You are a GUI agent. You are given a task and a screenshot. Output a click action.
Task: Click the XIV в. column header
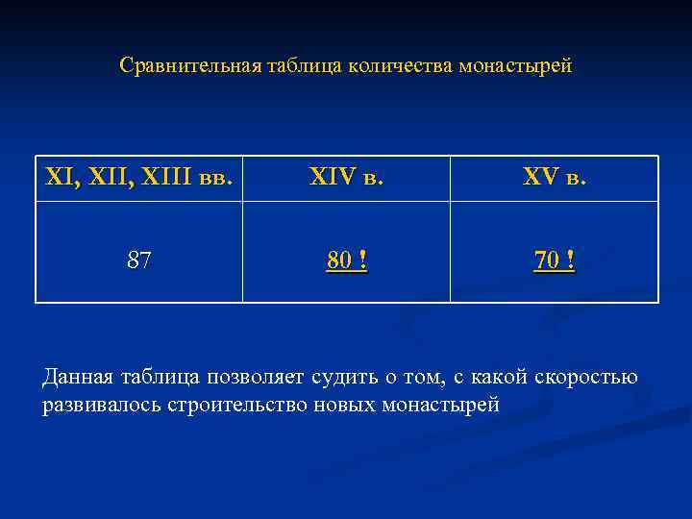coord(346,179)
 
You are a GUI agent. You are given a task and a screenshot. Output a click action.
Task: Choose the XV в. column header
coord(555,179)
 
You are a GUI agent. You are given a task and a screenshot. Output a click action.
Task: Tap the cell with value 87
coord(139,259)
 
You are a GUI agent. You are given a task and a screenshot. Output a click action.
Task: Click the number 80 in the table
coord(337,259)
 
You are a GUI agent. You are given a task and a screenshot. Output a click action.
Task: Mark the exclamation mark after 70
coord(570,259)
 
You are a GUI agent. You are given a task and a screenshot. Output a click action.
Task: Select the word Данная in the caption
coord(79,378)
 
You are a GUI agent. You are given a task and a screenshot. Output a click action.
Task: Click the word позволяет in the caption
coord(251,378)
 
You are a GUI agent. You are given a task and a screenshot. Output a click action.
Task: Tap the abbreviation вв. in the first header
coord(216,179)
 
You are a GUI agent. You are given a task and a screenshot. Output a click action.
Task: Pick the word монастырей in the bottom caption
coord(440,405)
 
